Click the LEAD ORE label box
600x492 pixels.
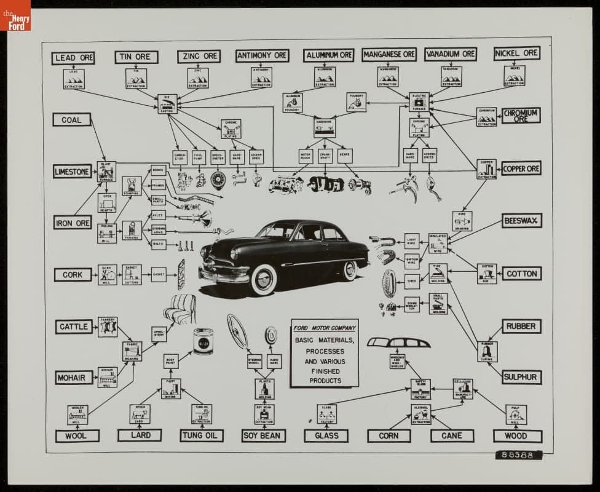coord(73,58)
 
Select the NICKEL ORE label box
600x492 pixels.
coord(516,54)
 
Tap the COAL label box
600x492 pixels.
coord(71,120)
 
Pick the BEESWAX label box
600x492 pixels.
coord(521,220)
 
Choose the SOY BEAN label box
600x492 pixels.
coord(263,435)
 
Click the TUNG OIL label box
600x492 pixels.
coord(202,435)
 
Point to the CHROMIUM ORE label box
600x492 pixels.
coord(521,116)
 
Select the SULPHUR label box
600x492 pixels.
coord(521,376)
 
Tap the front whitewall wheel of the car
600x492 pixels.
coord(264,280)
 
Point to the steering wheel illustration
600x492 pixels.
coord(237,331)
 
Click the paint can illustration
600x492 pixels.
coord(203,341)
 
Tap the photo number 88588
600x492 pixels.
coord(518,455)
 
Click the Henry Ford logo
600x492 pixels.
coord(15,15)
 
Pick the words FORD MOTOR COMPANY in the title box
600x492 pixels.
coord(324,328)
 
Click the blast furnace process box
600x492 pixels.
coord(106,170)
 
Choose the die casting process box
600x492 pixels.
coord(167,103)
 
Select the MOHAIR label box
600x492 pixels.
coord(74,378)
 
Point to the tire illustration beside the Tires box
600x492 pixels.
coord(389,284)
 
